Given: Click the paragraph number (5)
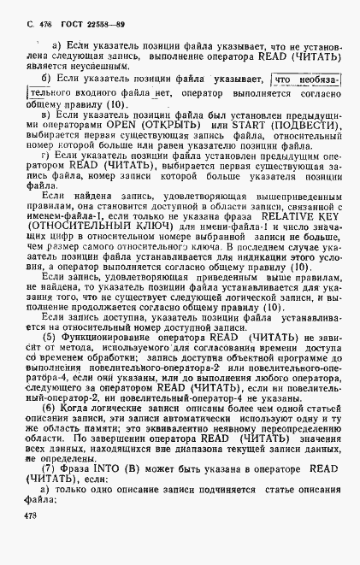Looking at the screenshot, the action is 50,359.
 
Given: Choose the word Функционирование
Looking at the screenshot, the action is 103,359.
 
